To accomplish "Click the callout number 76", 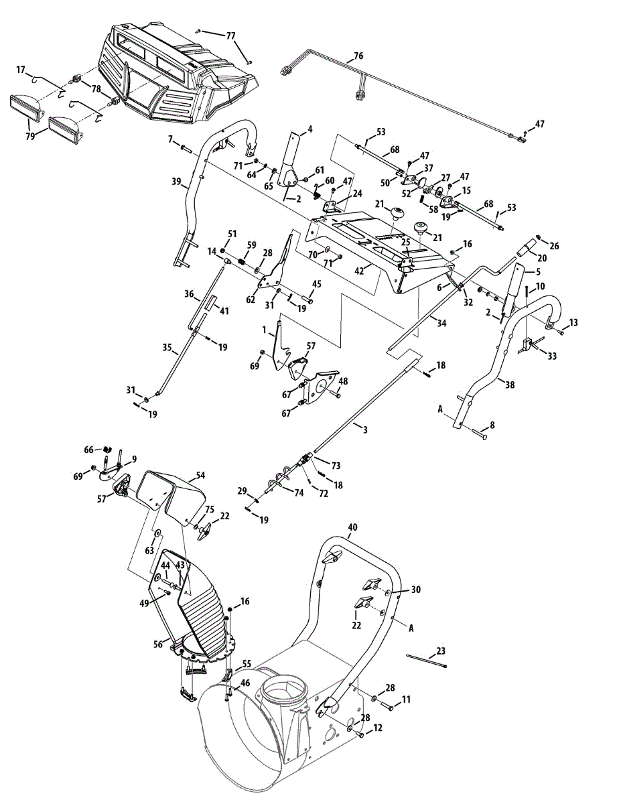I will point(358,56).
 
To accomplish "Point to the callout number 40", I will point(352,527).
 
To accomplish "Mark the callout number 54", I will point(200,475).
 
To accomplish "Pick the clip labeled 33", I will point(525,344).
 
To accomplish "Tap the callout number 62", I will point(251,300).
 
